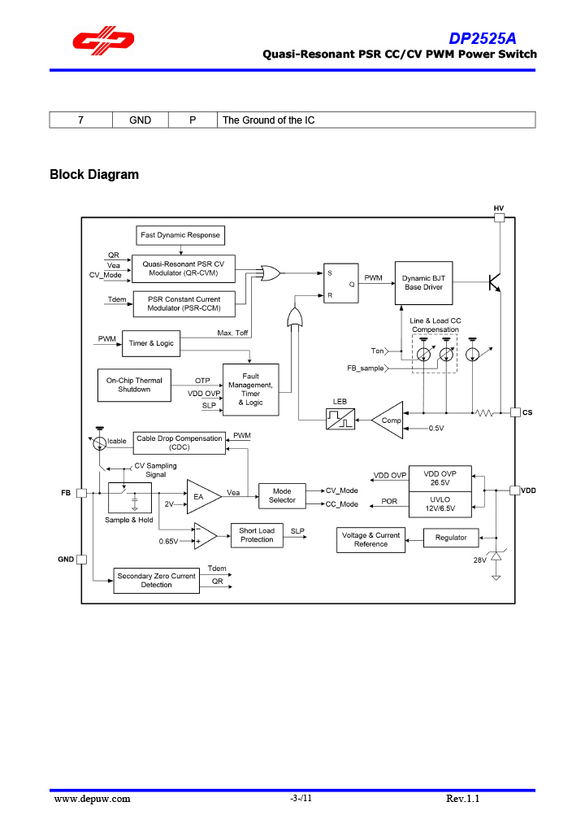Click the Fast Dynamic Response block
point(180,235)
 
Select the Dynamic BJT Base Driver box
point(422,282)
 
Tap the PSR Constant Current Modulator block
point(184,304)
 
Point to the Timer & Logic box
point(151,343)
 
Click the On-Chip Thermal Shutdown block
point(134,385)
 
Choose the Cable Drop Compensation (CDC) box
point(179,442)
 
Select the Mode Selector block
point(282,495)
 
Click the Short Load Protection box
point(257,535)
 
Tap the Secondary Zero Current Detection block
point(156,580)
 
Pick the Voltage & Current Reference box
point(370,539)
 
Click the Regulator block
point(451,538)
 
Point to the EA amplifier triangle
point(201,495)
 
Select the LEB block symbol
point(340,419)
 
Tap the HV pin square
point(499,218)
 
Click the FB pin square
point(81,493)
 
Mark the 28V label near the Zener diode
point(480,560)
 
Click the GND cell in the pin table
point(141,120)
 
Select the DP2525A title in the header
point(483,39)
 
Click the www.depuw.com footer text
point(92,799)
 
